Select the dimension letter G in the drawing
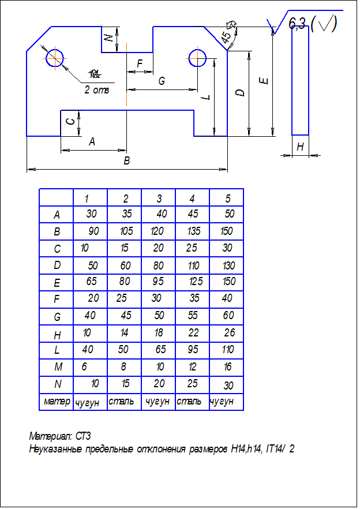(x=162, y=81)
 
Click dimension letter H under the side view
(x=300, y=147)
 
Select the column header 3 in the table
(x=159, y=199)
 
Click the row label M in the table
(x=57, y=367)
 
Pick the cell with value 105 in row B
(x=127, y=231)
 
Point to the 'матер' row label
(x=57, y=401)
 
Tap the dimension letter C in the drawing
(x=70, y=121)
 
